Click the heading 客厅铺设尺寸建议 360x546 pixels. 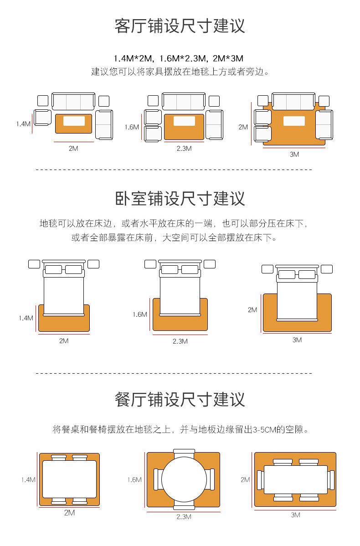point(180,26)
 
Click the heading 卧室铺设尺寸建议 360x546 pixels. point(180,199)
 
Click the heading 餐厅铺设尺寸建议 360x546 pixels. point(180,400)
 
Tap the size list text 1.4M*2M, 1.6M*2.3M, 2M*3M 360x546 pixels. point(178,58)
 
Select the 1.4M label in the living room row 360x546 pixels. point(23,124)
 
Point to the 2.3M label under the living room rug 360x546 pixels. point(184,148)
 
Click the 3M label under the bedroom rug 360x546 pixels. point(297,340)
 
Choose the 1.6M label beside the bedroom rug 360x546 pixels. point(140,314)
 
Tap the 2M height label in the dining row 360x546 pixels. point(245,479)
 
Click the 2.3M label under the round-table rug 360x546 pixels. point(184,516)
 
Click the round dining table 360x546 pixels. point(183,479)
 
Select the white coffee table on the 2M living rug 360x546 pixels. point(74,121)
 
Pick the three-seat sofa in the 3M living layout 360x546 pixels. point(293,101)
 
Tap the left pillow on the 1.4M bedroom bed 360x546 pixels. point(54,269)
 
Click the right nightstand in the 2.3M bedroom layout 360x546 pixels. point(210,264)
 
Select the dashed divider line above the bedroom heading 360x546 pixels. point(174,170)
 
